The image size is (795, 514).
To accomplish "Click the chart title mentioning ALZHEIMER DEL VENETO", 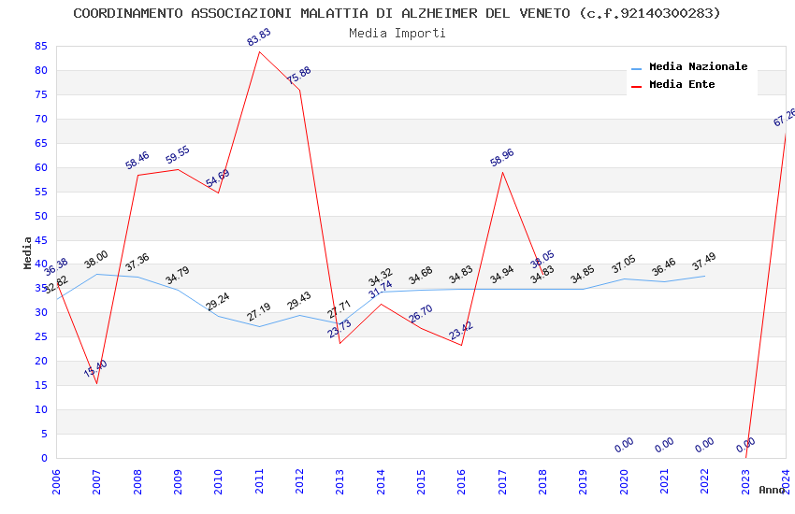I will pyautogui.click(x=397, y=13).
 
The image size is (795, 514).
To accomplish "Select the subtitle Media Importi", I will pyautogui.click(x=397, y=33).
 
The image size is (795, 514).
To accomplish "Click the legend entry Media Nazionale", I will pyautogui.click(x=698, y=66).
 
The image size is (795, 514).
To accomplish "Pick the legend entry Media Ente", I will pyautogui.click(x=682, y=84).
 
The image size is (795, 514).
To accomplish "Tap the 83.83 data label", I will pyautogui.click(x=259, y=37).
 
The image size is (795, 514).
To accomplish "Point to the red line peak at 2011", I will pyautogui.click(x=259, y=51).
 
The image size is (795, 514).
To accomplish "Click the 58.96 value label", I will pyautogui.click(x=502, y=158).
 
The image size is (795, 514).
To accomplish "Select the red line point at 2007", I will pyautogui.click(x=96, y=383).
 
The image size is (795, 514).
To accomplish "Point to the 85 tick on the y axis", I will pyautogui.click(x=40, y=46).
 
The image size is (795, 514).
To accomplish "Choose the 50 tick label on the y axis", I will pyautogui.click(x=40, y=216).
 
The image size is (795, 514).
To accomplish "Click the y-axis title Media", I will pyautogui.click(x=28, y=252).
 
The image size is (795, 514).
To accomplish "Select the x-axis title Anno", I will pyautogui.click(x=772, y=490).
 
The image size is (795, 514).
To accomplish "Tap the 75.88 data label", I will pyautogui.click(x=299, y=76).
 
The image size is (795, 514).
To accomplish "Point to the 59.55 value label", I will pyautogui.click(x=178, y=155).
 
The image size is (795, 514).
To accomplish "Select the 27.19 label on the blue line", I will pyautogui.click(x=259, y=312).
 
